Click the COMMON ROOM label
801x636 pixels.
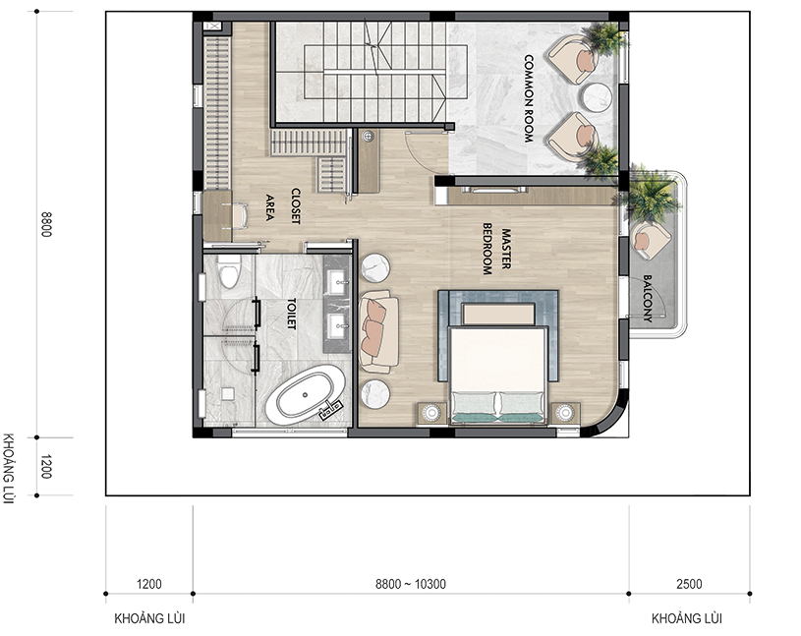[528, 98]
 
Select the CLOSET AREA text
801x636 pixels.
[282, 206]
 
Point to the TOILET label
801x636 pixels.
[292, 314]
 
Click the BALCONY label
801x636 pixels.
[648, 298]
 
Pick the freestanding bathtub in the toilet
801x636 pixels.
[305, 395]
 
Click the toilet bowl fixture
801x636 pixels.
[229, 271]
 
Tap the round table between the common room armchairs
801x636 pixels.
[598, 97]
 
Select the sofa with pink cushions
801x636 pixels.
[378, 331]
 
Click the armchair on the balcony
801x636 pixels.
[650, 239]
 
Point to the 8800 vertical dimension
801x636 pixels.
[45, 224]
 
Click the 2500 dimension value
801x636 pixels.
[689, 584]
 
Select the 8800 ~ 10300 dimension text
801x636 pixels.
[411, 584]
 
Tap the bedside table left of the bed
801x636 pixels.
[432, 413]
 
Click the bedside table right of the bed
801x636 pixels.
[565, 413]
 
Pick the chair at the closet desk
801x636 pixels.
[239, 216]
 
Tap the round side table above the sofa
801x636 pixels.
[375, 267]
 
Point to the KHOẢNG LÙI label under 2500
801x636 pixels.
[687, 618]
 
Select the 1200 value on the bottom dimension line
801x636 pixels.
[149, 584]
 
